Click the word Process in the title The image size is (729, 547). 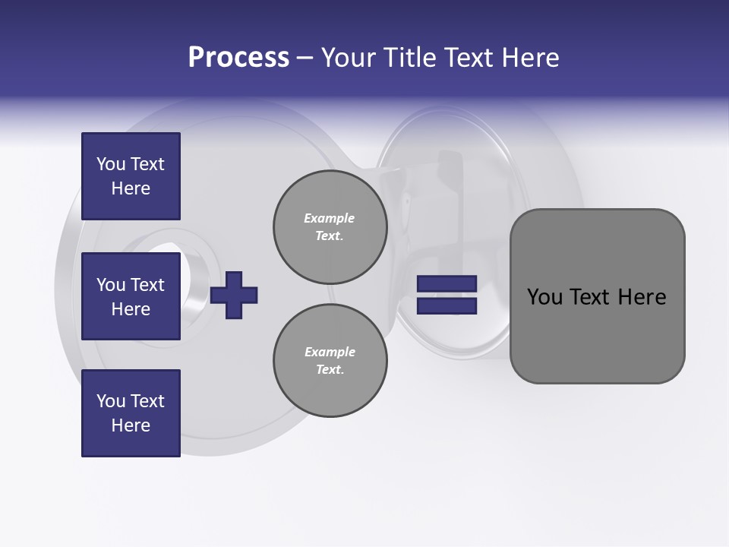(x=238, y=57)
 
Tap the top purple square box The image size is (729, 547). (x=131, y=176)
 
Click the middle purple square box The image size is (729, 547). (x=131, y=296)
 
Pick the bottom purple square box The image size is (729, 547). (x=131, y=413)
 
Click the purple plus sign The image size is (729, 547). (x=234, y=295)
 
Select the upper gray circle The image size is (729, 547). (x=330, y=226)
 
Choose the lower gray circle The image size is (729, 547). (x=330, y=360)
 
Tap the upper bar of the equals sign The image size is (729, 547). (x=447, y=284)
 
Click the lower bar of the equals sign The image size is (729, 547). (x=447, y=305)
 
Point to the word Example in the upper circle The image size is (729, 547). (x=330, y=218)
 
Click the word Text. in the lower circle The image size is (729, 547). (x=330, y=370)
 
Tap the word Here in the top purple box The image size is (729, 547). (x=131, y=188)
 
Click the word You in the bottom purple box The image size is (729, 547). (x=110, y=401)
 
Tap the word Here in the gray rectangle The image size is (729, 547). (x=642, y=297)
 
